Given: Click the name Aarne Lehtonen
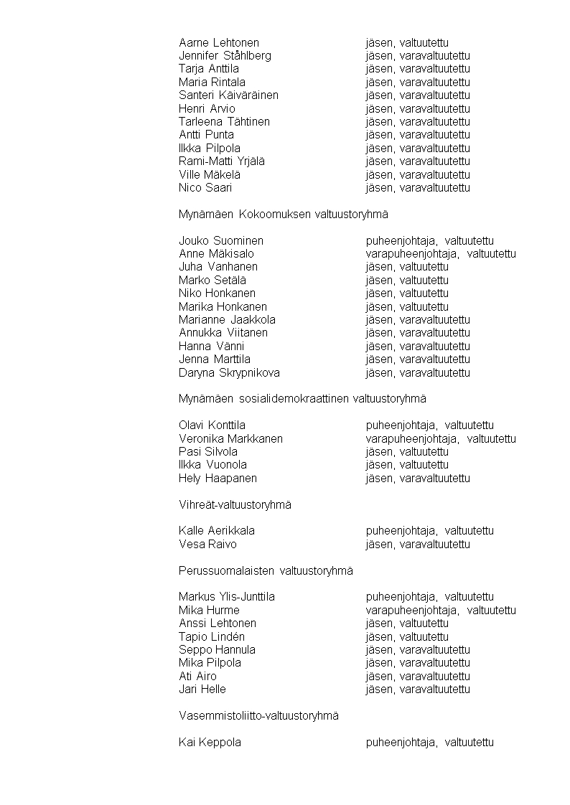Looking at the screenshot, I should [x=219, y=43].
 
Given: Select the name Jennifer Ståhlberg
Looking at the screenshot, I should [x=225, y=56].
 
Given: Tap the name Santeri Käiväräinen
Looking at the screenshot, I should [x=228, y=95].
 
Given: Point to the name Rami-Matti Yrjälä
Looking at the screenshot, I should [x=222, y=161].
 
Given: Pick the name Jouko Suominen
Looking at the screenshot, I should [x=221, y=241].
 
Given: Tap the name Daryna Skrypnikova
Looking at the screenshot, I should [x=229, y=373].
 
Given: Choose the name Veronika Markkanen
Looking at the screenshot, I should [x=230, y=439].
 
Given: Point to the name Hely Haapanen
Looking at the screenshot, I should [x=218, y=479].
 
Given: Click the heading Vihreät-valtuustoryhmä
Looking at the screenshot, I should [x=235, y=505].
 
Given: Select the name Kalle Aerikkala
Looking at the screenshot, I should [x=217, y=531].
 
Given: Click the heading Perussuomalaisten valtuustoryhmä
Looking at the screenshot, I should [x=266, y=571].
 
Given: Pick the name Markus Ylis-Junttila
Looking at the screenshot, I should [x=227, y=597].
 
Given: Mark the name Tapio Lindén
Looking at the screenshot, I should [x=212, y=637].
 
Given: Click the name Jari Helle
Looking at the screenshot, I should [x=202, y=689].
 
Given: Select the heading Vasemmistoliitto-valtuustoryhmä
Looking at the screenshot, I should [x=258, y=716].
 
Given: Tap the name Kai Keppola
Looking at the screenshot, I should [x=210, y=743].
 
